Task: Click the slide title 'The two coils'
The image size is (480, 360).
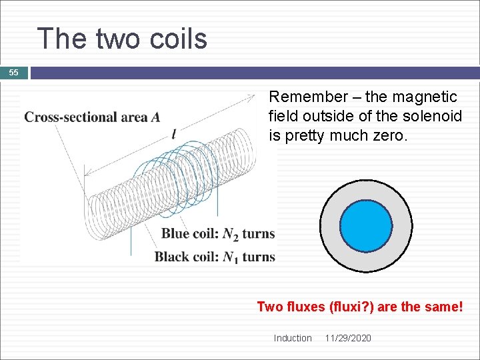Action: coord(122,39)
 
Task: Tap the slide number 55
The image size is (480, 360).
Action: coord(14,73)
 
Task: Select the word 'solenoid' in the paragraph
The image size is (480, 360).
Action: coord(435,117)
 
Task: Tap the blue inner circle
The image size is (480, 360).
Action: coord(366,226)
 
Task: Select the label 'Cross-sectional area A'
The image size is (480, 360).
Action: coord(92,117)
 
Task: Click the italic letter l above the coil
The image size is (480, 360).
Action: coord(174,133)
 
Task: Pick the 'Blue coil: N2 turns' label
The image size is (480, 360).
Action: coord(217,234)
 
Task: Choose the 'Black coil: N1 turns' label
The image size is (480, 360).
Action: coord(215,257)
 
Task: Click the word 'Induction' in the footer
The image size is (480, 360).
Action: coord(292,338)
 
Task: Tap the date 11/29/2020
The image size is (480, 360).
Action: coord(348,338)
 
